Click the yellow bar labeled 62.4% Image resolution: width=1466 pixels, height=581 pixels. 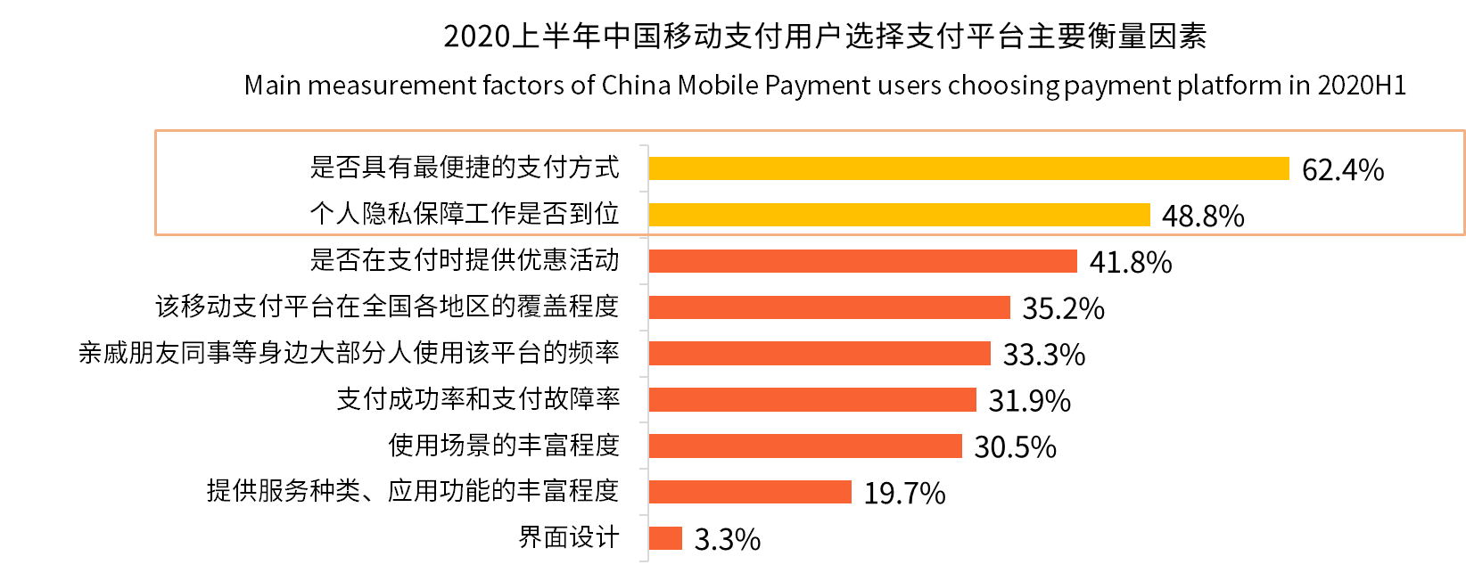click(968, 168)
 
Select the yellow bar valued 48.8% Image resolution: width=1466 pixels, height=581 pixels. click(899, 215)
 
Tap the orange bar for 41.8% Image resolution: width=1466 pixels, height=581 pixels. click(862, 261)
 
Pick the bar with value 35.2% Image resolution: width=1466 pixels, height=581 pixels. click(829, 307)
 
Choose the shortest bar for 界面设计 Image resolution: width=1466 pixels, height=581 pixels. click(665, 538)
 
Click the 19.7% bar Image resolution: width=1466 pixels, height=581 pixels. click(750, 492)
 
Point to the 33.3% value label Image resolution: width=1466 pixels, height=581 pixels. click(1044, 355)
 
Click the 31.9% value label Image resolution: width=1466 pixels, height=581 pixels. click(1029, 401)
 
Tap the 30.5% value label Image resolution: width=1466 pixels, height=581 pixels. click(1015, 447)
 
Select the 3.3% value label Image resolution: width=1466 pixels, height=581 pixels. click(727, 540)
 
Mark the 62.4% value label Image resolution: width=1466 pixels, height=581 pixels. click(1342, 170)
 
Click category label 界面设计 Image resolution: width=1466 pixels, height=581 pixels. click(569, 537)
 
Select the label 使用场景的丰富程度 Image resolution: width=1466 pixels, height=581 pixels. click(504, 445)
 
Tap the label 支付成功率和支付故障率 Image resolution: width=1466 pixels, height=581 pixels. click(478, 398)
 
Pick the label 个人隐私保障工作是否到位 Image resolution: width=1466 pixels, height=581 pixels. click(465, 213)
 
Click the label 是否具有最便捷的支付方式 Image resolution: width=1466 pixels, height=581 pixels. click(465, 167)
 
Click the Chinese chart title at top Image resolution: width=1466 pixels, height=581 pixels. click(825, 36)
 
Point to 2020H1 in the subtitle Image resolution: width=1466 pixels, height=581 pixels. click(1362, 86)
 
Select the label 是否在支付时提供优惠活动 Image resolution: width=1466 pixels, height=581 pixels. click(465, 259)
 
